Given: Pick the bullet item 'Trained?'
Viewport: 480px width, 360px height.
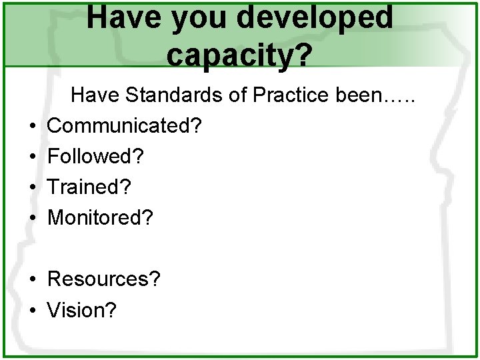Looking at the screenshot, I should click(x=89, y=187).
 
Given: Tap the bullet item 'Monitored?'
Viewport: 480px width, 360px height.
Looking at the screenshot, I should click(x=101, y=218).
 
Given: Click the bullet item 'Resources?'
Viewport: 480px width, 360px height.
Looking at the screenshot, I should click(x=104, y=279).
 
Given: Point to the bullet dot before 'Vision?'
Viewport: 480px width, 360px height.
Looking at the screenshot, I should click(x=33, y=310).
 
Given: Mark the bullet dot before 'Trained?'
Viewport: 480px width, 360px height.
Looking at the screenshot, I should click(x=33, y=188).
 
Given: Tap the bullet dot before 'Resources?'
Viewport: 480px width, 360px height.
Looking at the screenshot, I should click(x=33, y=279).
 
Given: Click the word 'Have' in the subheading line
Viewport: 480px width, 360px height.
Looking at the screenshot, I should click(x=93, y=95).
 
